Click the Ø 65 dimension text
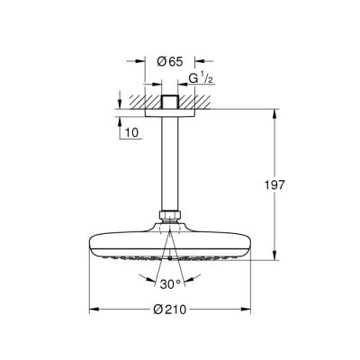tap(166, 61)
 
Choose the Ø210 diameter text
tap(168, 310)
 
